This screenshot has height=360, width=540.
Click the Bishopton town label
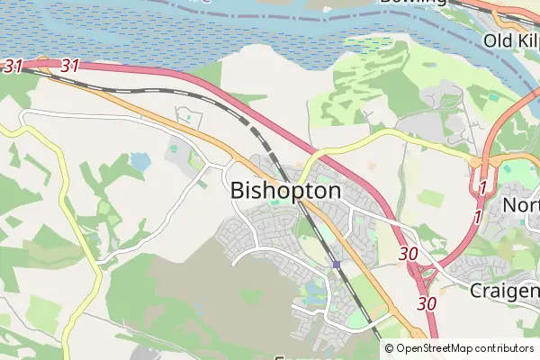(286, 191)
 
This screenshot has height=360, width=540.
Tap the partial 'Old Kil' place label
(510, 40)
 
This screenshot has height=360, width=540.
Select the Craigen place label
(504, 291)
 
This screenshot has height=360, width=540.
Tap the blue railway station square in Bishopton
(335, 265)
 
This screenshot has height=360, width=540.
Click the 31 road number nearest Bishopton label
(70, 66)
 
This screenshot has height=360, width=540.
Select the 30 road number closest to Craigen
(427, 303)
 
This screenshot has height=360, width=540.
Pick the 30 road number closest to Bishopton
(408, 254)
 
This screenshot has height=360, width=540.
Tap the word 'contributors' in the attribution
(506, 347)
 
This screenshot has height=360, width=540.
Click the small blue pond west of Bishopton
(140, 161)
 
